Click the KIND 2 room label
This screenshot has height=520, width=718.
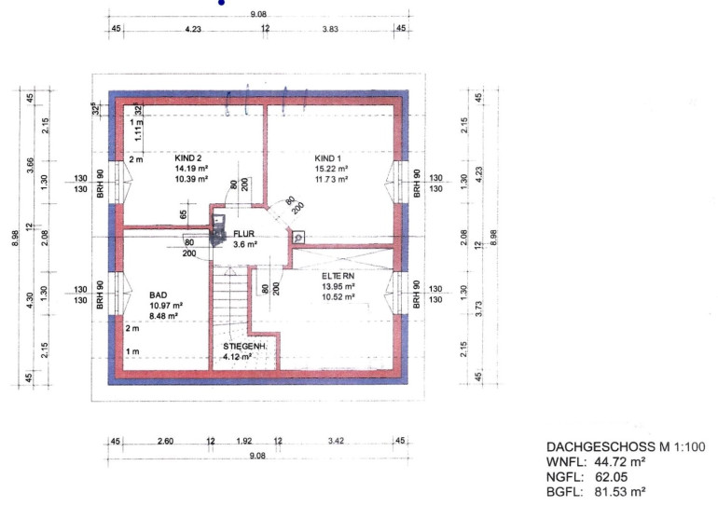click(x=187, y=158)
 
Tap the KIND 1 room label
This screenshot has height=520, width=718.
click(x=328, y=158)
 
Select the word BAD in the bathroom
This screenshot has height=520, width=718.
click(x=159, y=295)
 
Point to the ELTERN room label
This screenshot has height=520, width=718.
click(x=338, y=276)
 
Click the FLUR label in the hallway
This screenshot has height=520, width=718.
click(x=243, y=234)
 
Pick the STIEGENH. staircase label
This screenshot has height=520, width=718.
click(x=245, y=347)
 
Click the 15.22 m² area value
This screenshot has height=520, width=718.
click(x=331, y=169)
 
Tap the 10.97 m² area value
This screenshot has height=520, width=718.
click(x=166, y=306)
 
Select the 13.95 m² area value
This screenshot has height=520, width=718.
click(x=338, y=286)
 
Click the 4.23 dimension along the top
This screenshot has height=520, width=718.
click(x=193, y=29)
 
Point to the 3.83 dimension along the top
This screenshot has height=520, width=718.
click(x=330, y=29)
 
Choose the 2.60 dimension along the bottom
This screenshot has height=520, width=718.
click(x=165, y=441)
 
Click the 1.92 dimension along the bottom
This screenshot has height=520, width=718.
click(x=244, y=441)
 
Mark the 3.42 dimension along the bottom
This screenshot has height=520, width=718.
click(x=336, y=441)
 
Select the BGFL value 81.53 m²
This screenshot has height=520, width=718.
click(x=620, y=492)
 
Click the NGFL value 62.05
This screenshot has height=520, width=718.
click(x=612, y=477)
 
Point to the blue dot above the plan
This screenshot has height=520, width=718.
click(x=222, y=2)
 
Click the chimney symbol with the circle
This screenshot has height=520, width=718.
click(x=298, y=237)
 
